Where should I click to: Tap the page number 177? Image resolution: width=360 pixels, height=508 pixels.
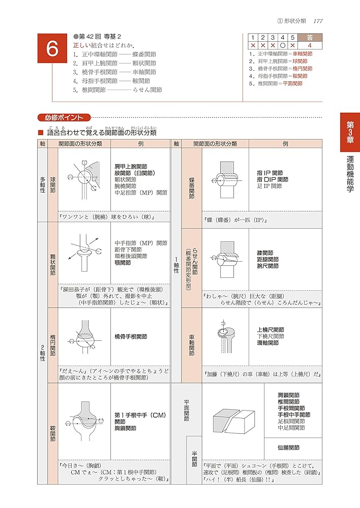(x=318, y=20)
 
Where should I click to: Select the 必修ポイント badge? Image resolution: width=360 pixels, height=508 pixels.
(x=64, y=117)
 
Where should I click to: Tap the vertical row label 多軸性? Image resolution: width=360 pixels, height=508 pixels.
(x=43, y=185)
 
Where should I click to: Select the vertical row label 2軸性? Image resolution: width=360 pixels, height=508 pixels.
(x=43, y=351)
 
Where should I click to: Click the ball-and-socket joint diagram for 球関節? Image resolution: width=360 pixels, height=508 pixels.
(x=84, y=179)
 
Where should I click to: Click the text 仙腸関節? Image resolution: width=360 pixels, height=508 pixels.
(x=288, y=448)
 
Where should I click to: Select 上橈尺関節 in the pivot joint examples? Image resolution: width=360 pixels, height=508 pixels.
(x=271, y=329)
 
